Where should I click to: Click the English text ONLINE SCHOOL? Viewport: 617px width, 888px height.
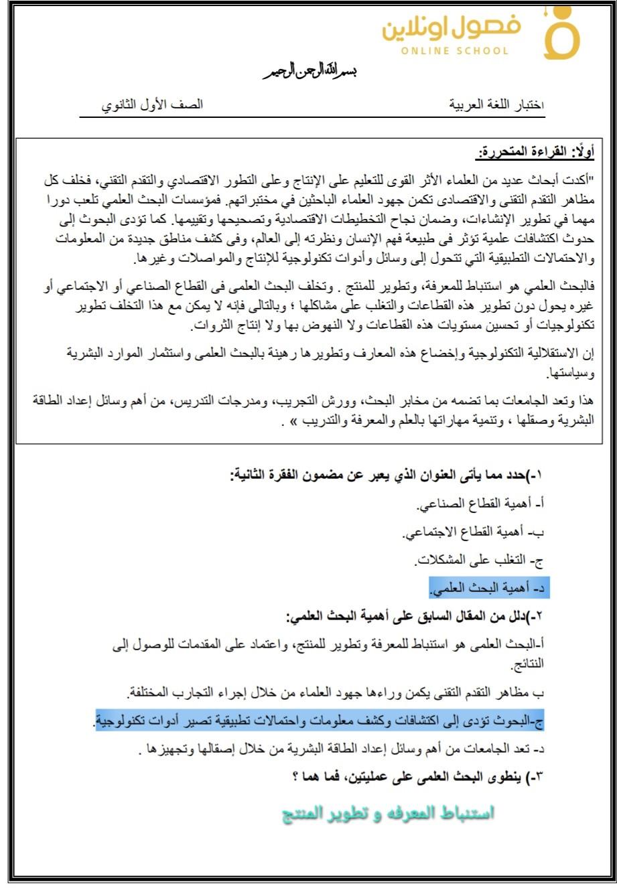[456, 51]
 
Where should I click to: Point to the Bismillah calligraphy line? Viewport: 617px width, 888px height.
[309, 71]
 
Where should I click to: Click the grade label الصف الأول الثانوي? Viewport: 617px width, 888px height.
[152, 105]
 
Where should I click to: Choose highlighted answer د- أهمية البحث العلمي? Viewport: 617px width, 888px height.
[494, 589]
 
